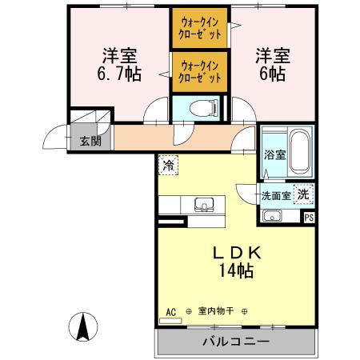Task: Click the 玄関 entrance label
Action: point(90,142)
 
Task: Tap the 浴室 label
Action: point(274,154)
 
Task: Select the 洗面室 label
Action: point(273,194)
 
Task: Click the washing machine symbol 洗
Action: point(302,193)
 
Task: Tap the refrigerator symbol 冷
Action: point(168,166)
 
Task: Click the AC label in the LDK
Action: point(170,311)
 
